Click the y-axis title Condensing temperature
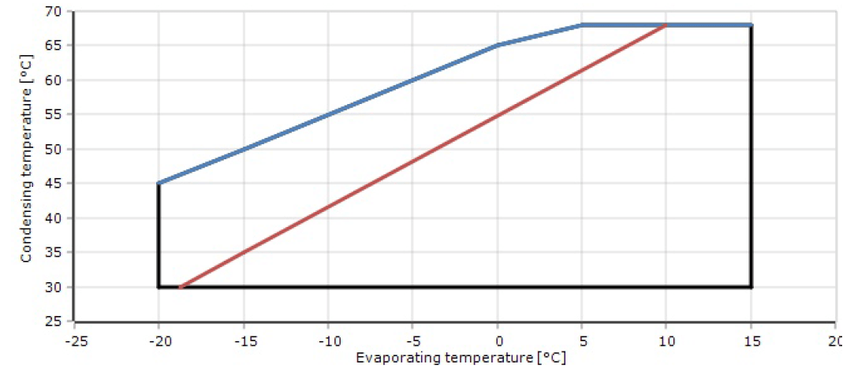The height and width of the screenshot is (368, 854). [x=26, y=165]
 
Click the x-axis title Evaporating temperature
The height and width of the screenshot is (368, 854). [x=461, y=358]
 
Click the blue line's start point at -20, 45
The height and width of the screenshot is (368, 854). [x=158, y=184]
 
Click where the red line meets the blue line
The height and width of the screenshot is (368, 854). [x=666, y=25]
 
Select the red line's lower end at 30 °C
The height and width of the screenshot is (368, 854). [x=180, y=287]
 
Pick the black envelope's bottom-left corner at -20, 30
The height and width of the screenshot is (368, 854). [x=158, y=287]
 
